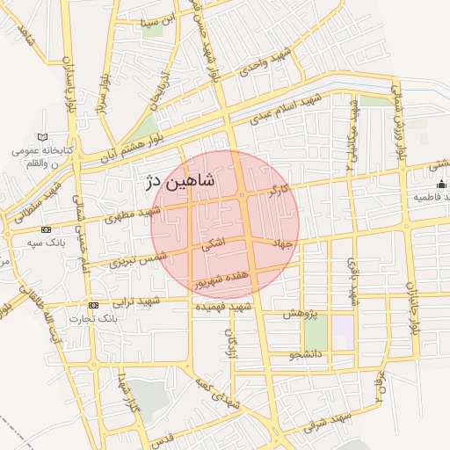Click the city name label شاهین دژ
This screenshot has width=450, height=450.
(x=177, y=183)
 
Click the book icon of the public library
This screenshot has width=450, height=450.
(x=42, y=138)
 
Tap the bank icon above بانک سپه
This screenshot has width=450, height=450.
(x=9, y=235)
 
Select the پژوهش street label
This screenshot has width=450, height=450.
(x=300, y=313)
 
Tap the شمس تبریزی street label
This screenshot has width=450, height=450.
(x=138, y=258)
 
